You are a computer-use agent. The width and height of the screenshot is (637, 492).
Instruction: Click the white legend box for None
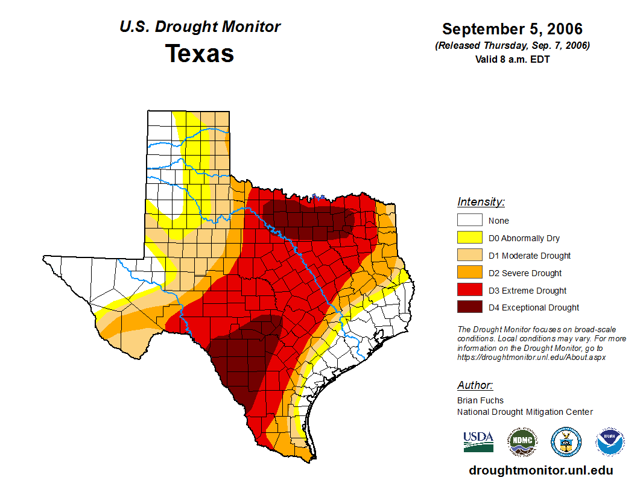coord(469,221)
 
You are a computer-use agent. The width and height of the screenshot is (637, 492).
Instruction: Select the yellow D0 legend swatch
coord(469,238)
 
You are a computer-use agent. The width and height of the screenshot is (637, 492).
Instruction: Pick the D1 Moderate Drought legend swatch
coord(469,256)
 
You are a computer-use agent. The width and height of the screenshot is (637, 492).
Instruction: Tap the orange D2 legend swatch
coord(469,273)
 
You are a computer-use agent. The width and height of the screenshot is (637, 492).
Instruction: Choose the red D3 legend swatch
coord(469,291)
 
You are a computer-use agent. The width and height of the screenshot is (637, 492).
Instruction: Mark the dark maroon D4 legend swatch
coord(469,307)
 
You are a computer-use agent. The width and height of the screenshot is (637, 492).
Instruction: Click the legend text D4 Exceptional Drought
coord(533,307)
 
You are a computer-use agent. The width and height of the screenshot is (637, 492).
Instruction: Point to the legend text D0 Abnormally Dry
coord(524,238)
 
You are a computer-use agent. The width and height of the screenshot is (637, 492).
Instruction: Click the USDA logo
coord(478,441)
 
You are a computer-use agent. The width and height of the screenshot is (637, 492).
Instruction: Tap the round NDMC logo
coord(522,442)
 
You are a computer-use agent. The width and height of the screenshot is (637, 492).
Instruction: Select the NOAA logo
coord(610,442)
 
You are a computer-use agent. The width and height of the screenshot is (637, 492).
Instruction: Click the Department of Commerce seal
coord(566,442)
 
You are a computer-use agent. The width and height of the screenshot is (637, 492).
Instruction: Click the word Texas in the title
coord(200,54)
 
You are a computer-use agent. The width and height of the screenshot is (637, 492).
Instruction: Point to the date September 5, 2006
coord(512,29)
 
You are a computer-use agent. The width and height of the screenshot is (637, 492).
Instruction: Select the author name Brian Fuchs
coord(480,400)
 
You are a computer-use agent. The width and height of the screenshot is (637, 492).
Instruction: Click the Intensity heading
coord(481,202)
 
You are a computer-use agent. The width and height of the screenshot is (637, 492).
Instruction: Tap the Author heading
coord(475,385)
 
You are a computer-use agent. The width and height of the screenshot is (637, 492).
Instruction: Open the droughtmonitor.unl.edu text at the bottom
coord(540,471)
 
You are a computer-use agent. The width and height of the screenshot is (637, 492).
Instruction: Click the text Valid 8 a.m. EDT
coord(512,59)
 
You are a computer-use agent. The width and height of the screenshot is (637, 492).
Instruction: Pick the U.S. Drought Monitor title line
coord(200,27)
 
